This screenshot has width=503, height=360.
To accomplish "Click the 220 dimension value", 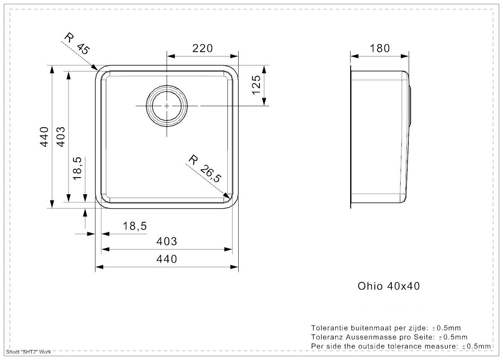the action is pos(202,48).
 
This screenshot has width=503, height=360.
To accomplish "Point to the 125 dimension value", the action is pos(257,87).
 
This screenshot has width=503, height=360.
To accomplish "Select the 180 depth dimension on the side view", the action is pos(379,48).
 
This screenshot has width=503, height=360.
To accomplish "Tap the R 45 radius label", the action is pos(77,43).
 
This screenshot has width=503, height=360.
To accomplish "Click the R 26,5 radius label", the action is pos(205,168).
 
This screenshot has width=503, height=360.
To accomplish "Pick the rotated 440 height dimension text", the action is pos(45,137).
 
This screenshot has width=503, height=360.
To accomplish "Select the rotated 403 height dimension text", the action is pos(61,137).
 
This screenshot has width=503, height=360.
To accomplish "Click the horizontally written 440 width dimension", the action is pos(167,259).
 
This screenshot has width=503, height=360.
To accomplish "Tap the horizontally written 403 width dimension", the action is pos(167,242).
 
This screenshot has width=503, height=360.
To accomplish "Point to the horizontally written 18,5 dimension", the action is pos(135,227).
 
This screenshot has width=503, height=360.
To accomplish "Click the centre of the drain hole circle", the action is pos(167,105).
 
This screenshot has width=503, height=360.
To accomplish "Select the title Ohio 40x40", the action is pos(389,286).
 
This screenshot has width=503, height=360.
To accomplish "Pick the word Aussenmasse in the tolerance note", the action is pos(366,337).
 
